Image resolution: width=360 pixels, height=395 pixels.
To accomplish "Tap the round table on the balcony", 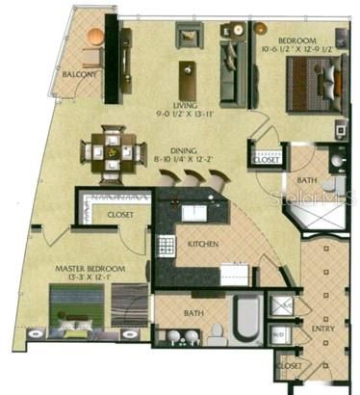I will coord(95,37).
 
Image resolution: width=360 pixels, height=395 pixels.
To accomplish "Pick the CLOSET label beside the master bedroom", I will coord(119,215).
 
